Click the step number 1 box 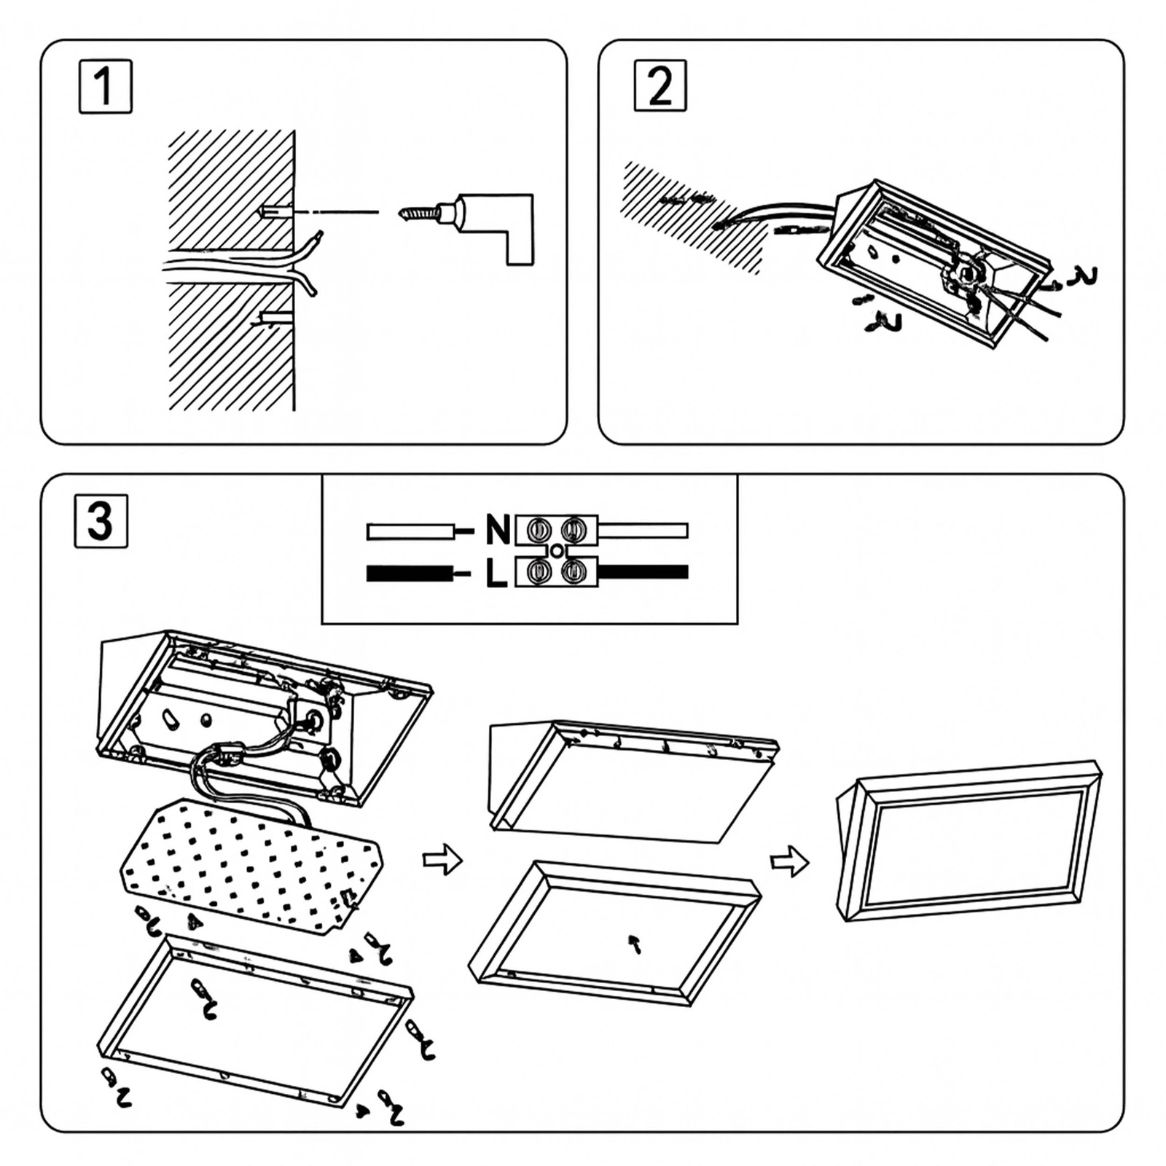click(x=105, y=87)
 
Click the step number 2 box click(x=660, y=86)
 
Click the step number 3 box click(x=101, y=520)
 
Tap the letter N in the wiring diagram click(x=498, y=530)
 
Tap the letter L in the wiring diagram click(x=496, y=574)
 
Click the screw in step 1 click(x=419, y=214)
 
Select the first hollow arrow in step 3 click(x=442, y=861)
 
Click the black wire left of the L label click(x=408, y=574)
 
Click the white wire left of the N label click(x=408, y=531)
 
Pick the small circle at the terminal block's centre click(x=556, y=552)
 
